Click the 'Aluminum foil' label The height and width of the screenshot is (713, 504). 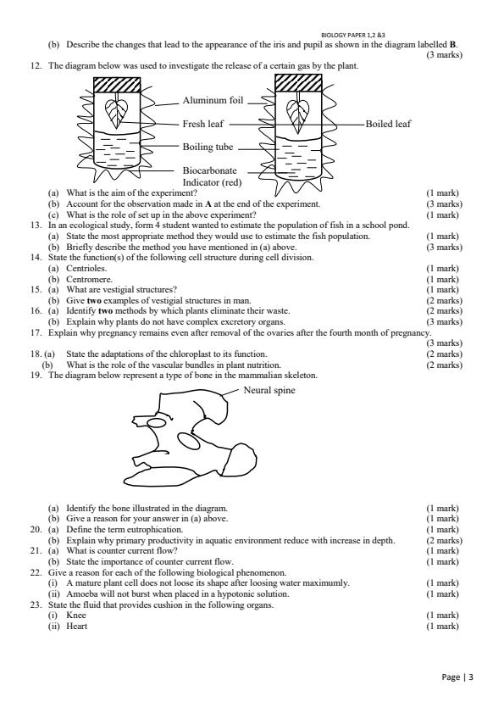(x=213, y=101)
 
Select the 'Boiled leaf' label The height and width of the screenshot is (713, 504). (x=388, y=124)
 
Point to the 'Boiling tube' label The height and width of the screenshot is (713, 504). (x=208, y=147)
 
